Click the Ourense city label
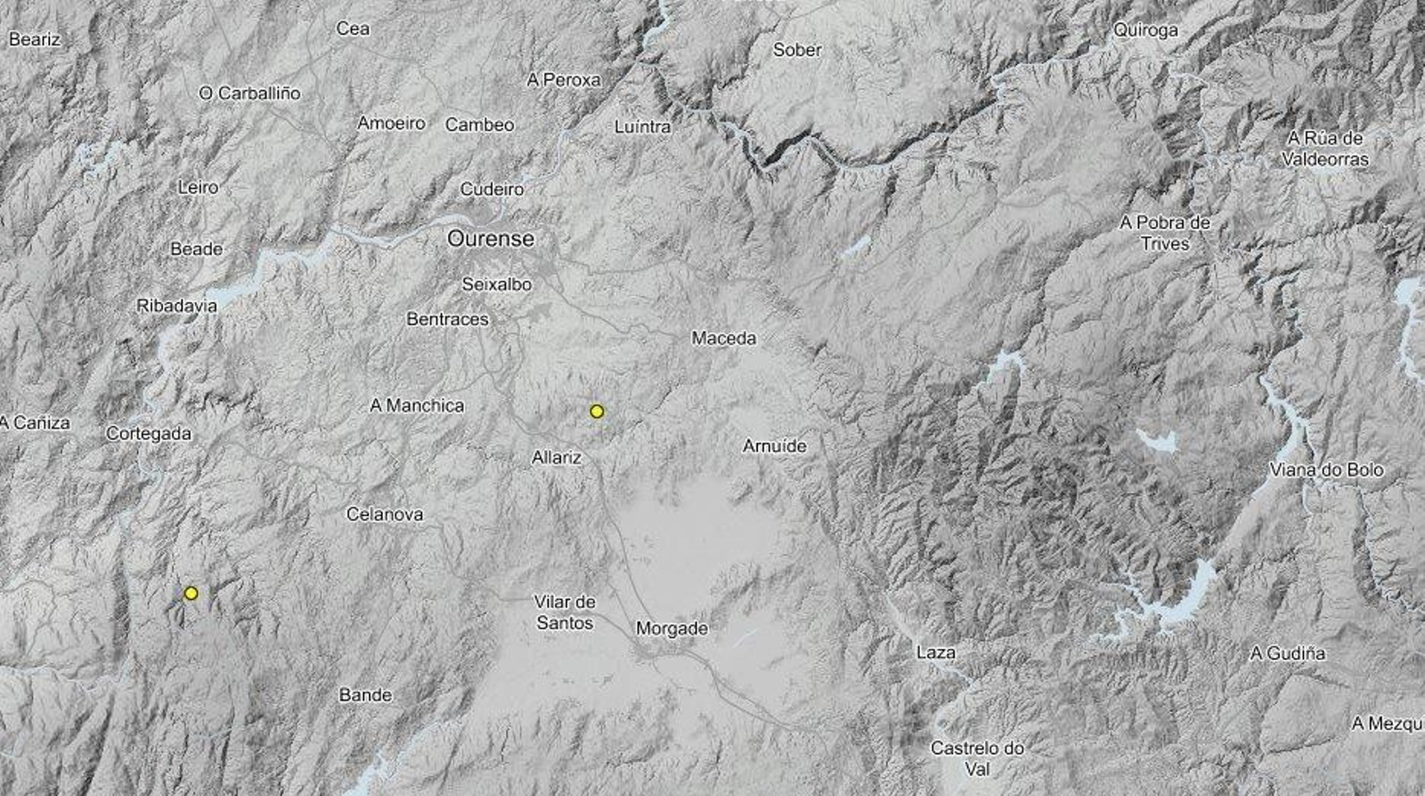pyautogui.click(x=491, y=239)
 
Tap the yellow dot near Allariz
pyautogui.click(x=597, y=411)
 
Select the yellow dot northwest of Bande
pyautogui.click(x=191, y=593)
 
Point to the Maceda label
pyautogui.click(x=724, y=338)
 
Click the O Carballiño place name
pyautogui.click(x=249, y=93)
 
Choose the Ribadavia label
pyautogui.click(x=176, y=306)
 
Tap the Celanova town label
pyautogui.click(x=385, y=514)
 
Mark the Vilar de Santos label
pyautogui.click(x=565, y=612)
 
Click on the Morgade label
pyautogui.click(x=672, y=628)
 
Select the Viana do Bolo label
pyautogui.click(x=1327, y=470)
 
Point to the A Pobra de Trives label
pyautogui.click(x=1165, y=233)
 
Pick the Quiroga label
pyautogui.click(x=1146, y=30)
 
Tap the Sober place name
pyautogui.click(x=797, y=51)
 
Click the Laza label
pyautogui.click(x=936, y=652)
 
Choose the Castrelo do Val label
pyautogui.click(x=978, y=758)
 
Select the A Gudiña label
pyautogui.click(x=1288, y=653)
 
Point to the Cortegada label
pyautogui.click(x=149, y=434)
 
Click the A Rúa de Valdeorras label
pyautogui.click(x=1326, y=148)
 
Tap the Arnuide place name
pyautogui.click(x=775, y=446)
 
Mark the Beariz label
pyautogui.click(x=35, y=39)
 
